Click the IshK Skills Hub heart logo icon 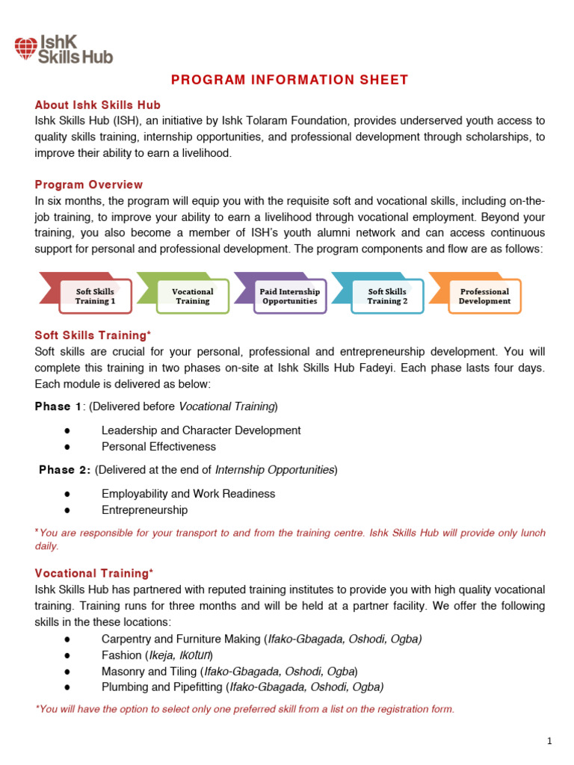[x=25, y=49]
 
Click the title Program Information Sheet [x=290, y=80]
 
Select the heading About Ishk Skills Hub [x=98, y=105]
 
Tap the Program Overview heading [x=89, y=185]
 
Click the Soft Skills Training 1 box [x=95, y=296]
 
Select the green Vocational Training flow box [x=192, y=296]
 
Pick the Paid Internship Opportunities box [x=289, y=296]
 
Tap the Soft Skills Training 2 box [x=387, y=296]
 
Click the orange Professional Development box [x=484, y=296]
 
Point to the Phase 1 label [x=59, y=406]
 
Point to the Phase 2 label [x=65, y=470]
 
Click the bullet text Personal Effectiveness [x=158, y=447]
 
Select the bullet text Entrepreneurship [x=144, y=510]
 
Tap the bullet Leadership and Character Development [x=201, y=430]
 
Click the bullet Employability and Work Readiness [x=188, y=494]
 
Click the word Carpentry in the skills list [x=126, y=639]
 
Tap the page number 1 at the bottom [x=549, y=741]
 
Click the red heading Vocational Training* [x=94, y=573]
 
